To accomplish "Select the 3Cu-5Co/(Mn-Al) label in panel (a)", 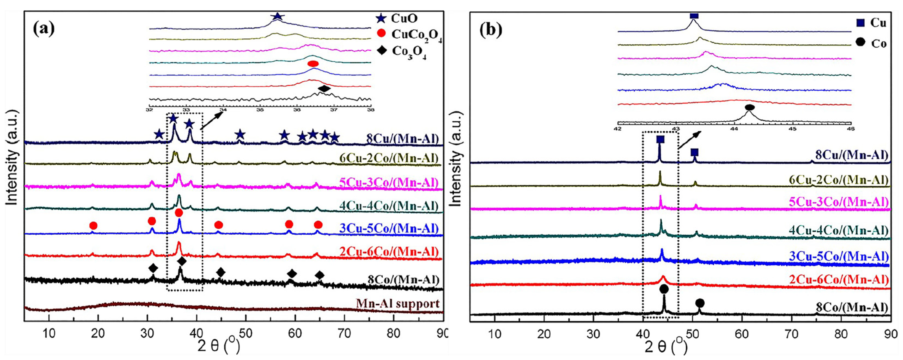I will tap(389, 229).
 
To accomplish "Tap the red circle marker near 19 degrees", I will tap(93, 225).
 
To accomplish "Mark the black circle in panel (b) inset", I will tap(749, 107).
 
